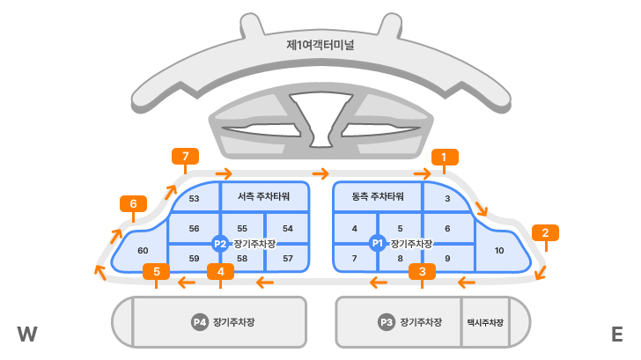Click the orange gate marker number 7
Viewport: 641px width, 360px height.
pyautogui.click(x=185, y=158)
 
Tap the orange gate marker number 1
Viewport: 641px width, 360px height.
pyautogui.click(x=445, y=158)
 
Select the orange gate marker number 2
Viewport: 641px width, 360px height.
pyautogui.click(x=545, y=233)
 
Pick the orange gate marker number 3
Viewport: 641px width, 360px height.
pyautogui.click(x=423, y=271)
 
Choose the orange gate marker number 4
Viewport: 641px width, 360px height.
pyautogui.click(x=220, y=271)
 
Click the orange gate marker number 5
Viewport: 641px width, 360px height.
pyautogui.click(x=156, y=271)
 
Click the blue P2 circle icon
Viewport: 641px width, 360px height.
pyautogui.click(x=220, y=243)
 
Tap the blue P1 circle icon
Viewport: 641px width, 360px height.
pyautogui.click(x=378, y=243)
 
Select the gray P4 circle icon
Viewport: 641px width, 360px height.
pyautogui.click(x=200, y=322)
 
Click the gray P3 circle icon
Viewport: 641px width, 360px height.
pyautogui.click(x=386, y=323)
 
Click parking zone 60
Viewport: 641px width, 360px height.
pyautogui.click(x=143, y=251)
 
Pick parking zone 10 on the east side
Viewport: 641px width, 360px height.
pyautogui.click(x=499, y=251)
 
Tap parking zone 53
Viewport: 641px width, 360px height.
pyautogui.click(x=195, y=199)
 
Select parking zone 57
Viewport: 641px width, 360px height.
pyautogui.click(x=288, y=259)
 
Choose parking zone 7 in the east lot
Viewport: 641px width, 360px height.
pyautogui.click(x=354, y=259)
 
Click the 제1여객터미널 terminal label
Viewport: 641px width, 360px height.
pyautogui.click(x=320, y=44)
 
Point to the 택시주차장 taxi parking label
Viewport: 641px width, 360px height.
pyautogui.click(x=485, y=323)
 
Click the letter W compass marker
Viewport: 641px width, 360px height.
pyautogui.click(x=26, y=334)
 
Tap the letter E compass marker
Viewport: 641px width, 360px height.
pyautogui.click(x=616, y=334)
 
